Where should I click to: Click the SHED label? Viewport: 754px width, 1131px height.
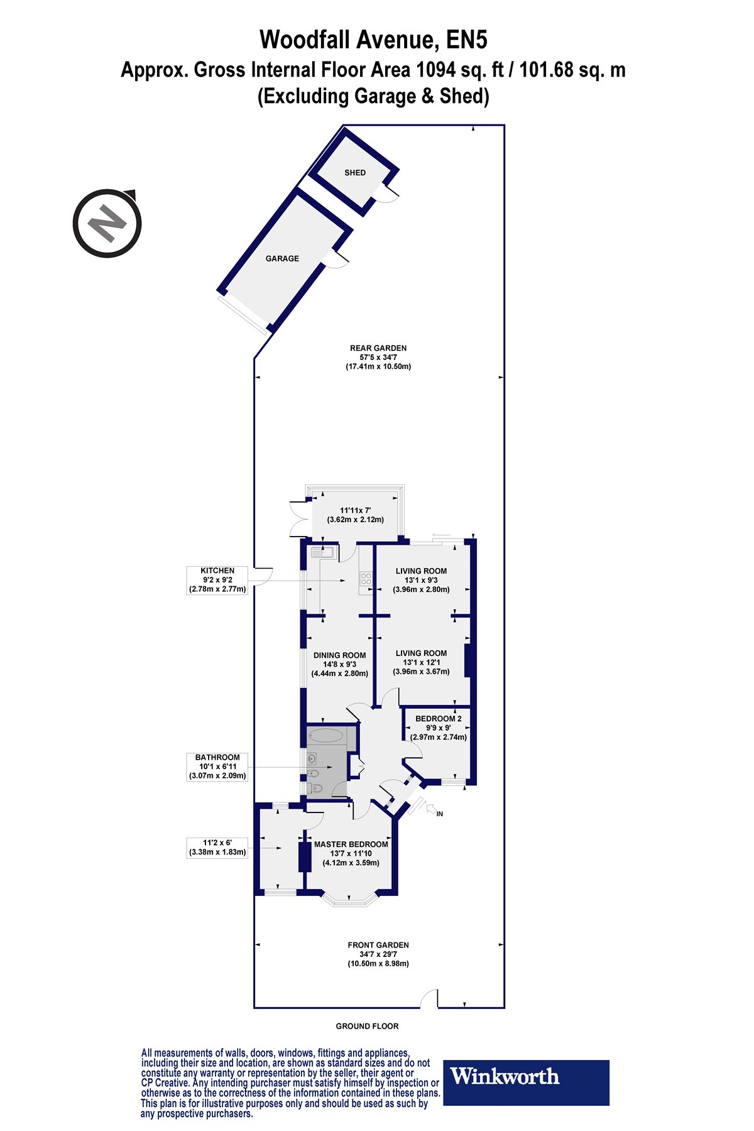tap(355, 172)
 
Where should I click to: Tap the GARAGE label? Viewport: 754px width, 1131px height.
tap(282, 258)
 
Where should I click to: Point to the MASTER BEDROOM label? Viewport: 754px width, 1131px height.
tap(351, 844)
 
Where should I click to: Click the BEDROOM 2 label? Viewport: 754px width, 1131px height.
tap(439, 718)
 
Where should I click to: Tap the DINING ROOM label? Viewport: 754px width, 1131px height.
tap(340, 655)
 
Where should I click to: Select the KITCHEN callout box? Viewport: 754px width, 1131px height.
tap(218, 580)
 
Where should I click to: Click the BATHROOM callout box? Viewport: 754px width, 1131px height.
tap(218, 767)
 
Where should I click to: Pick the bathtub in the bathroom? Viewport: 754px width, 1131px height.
tap(325, 735)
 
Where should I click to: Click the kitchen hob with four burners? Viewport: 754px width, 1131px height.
tap(366, 580)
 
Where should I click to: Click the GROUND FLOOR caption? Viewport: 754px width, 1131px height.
tap(367, 1026)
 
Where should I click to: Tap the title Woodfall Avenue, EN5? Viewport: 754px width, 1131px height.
tap(373, 40)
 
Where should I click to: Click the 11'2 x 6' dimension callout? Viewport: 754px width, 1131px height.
tap(217, 848)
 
